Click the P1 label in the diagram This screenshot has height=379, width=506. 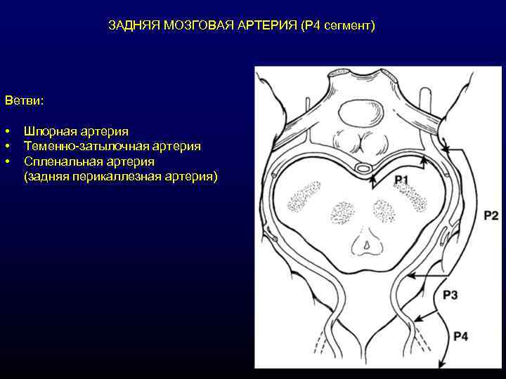click(x=401, y=180)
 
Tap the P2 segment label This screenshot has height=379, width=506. click(x=491, y=215)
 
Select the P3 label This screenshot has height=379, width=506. click(x=450, y=295)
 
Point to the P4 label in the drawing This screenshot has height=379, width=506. click(x=460, y=337)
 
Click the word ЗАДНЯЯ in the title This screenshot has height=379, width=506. click(x=133, y=26)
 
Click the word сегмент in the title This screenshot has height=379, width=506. click(x=347, y=26)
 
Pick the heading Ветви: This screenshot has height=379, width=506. click(x=24, y=101)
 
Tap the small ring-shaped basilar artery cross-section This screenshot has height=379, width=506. click(x=364, y=168)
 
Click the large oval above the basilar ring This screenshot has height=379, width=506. click(x=358, y=112)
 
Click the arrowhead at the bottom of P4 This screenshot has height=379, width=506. click(x=443, y=364)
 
